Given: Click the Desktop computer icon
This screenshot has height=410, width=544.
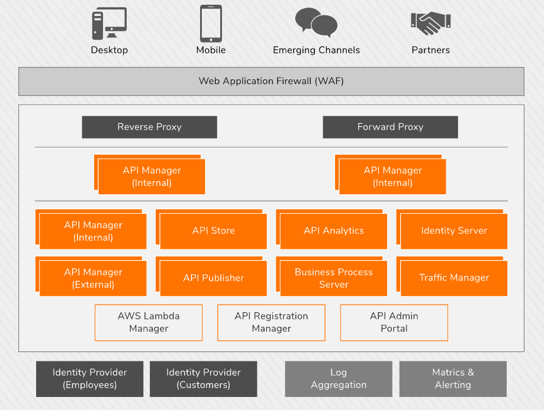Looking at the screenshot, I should point(109,24).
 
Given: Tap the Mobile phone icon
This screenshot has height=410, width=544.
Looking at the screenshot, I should point(211,23).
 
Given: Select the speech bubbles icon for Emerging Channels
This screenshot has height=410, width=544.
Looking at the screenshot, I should point(317,23).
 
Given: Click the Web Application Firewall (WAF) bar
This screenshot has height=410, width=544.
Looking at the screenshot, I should point(271,81).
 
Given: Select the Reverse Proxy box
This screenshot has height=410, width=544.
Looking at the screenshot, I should point(149,127).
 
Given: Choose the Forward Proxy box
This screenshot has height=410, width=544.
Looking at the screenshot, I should point(390,127).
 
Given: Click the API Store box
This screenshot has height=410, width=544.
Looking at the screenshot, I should point(213,231).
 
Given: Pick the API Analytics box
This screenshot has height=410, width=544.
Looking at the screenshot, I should point(333,231).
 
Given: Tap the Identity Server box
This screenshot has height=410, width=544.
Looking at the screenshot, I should point(454,231).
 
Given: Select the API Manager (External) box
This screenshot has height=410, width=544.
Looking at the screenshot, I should point(93,278).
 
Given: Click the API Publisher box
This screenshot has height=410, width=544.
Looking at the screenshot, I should point(213,278).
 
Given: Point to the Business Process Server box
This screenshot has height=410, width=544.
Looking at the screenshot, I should point(333,278).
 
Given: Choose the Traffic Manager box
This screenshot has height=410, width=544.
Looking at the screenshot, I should point(454,278).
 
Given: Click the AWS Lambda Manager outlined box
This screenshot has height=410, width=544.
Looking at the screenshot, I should point(149,322).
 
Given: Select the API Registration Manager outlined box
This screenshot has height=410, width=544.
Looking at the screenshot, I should point(271,322).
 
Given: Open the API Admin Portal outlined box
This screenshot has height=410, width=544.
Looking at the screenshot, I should point(394,322).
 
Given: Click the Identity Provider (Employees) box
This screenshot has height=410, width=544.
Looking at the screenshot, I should point(89,379).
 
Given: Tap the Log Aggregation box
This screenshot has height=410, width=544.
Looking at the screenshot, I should point(339,379).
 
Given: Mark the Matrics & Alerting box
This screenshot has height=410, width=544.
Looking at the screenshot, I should point(453,379).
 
